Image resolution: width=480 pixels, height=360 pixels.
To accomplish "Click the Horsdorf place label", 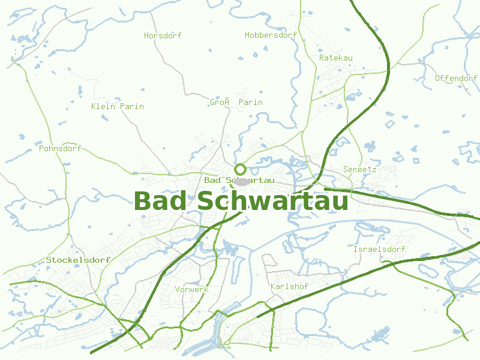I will pyautogui.click(x=163, y=35).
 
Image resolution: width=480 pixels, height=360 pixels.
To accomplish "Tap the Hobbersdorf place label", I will pyautogui.click(x=271, y=35).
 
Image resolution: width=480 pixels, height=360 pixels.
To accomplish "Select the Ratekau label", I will pyautogui.click(x=335, y=58).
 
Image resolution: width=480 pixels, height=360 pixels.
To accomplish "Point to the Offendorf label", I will pyautogui.click(x=456, y=78).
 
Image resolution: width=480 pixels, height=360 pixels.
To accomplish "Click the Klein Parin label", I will pyautogui.click(x=117, y=106).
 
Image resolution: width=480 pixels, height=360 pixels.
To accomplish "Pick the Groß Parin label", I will pyautogui.click(x=236, y=102).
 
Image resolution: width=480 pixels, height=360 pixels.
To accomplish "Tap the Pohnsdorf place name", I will pyautogui.click(x=59, y=148).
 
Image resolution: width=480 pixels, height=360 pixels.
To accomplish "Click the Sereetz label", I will pyautogui.click(x=359, y=169).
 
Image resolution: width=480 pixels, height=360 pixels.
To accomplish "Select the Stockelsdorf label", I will pyautogui.click(x=78, y=260).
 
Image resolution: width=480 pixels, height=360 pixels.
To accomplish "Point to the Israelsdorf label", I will pyautogui.click(x=379, y=249).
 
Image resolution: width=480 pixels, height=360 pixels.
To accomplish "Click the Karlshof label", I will pyautogui.click(x=289, y=287).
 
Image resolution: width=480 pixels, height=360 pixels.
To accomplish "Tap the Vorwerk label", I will pyautogui.click(x=191, y=289).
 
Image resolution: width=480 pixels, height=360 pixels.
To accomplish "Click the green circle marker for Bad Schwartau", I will pyautogui.click(x=240, y=169).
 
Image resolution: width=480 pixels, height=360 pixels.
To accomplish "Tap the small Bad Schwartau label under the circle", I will pyautogui.click(x=239, y=180).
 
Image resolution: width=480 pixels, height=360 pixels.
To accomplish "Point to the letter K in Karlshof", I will pyautogui.click(x=273, y=287).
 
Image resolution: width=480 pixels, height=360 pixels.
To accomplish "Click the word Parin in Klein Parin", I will pyautogui.click(x=132, y=106).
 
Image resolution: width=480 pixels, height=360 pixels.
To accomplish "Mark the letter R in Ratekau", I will pyautogui.click(x=322, y=58).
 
